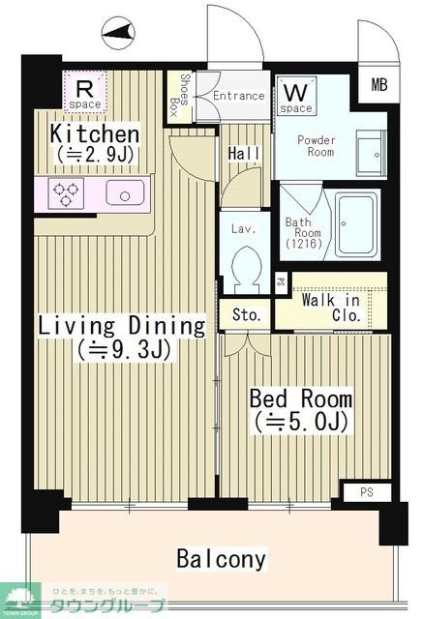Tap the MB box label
tap(378, 84)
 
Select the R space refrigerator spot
tap(84, 93)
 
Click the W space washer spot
tap(296, 98)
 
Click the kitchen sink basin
tap(125, 192)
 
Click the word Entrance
tap(238, 96)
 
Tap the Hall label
tap(241, 154)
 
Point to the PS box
tap(367, 492)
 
